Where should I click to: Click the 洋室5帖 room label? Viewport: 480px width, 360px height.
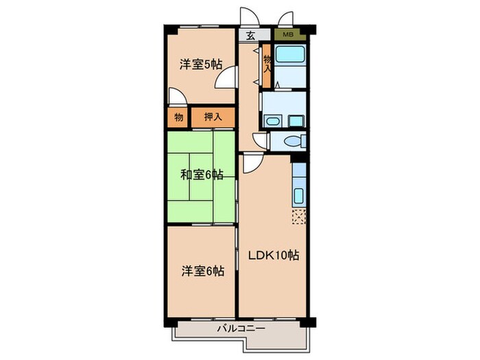click(x=201, y=64)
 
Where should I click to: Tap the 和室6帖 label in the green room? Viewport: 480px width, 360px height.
click(x=202, y=174)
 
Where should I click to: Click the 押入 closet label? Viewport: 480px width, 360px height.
click(x=213, y=117)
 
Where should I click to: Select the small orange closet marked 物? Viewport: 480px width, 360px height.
click(x=178, y=117)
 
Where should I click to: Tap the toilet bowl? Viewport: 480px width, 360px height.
click(x=293, y=141)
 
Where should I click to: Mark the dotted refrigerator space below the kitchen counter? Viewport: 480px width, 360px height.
click(x=299, y=217)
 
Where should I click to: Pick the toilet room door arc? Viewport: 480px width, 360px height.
click(x=261, y=140)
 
